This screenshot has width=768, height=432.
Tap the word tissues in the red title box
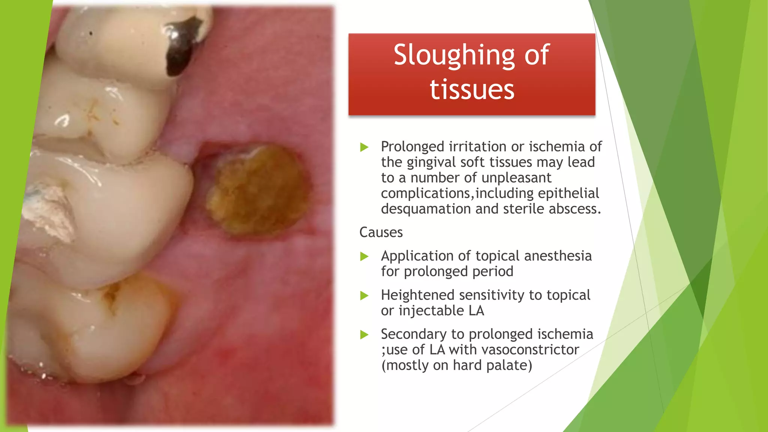(x=472, y=90)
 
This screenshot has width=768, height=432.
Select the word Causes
(x=381, y=232)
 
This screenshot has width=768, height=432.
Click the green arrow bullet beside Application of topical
(x=364, y=256)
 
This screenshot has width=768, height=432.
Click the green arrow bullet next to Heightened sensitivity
(x=364, y=295)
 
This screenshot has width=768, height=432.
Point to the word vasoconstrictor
(x=530, y=350)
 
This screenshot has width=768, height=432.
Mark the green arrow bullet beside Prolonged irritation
(x=364, y=147)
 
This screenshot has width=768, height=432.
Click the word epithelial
(x=568, y=193)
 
